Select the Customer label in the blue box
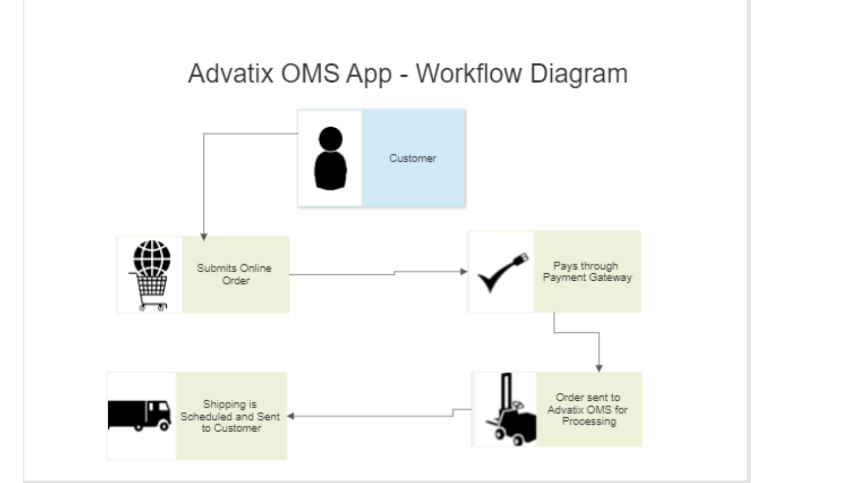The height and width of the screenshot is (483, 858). [x=412, y=158]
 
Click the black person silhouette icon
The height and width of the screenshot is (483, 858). [x=330, y=159]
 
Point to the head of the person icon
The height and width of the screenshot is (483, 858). [x=330, y=138]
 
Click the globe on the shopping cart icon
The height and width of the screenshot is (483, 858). [x=152, y=257]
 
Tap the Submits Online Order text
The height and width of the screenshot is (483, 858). [x=235, y=274]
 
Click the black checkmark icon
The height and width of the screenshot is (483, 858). [x=501, y=272]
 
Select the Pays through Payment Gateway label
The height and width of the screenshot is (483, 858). [x=587, y=272]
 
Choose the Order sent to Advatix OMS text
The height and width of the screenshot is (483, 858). [x=588, y=409]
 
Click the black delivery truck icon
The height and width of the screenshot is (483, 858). [x=140, y=415]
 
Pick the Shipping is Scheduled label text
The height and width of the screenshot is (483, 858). [x=230, y=416]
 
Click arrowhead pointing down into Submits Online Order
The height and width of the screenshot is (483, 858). [x=204, y=237]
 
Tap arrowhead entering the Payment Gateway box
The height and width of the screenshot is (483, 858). [x=464, y=272]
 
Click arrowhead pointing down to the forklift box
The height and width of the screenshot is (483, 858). [x=599, y=368]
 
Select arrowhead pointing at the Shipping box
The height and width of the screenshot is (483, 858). [x=291, y=416]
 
